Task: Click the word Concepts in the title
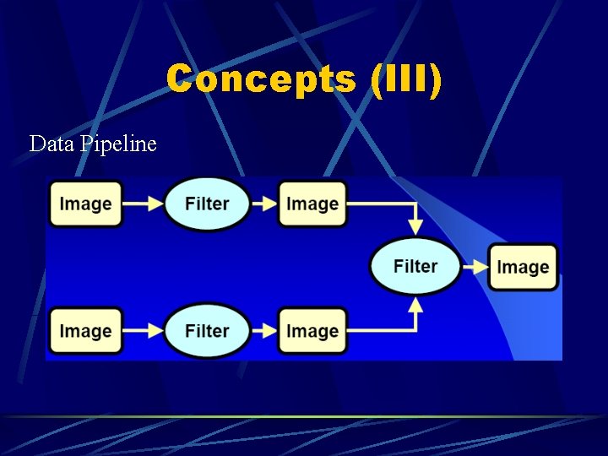(x=261, y=80)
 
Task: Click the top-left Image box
(x=85, y=204)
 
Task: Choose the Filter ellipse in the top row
(x=207, y=204)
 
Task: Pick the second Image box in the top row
(x=312, y=204)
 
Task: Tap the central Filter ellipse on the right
(x=415, y=266)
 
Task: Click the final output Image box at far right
(x=523, y=267)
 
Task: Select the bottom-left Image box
(x=85, y=331)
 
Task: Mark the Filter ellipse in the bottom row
(x=207, y=331)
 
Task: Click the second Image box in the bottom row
(x=312, y=331)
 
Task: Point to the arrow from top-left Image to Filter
(x=144, y=204)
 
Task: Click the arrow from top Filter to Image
(x=265, y=204)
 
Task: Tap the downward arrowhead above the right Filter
(x=415, y=226)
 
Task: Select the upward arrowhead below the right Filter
(x=415, y=306)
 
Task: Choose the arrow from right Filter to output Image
(x=475, y=267)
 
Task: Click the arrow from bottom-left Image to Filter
(x=144, y=331)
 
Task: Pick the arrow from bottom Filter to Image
(x=265, y=331)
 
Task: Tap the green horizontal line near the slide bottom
(x=304, y=416)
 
